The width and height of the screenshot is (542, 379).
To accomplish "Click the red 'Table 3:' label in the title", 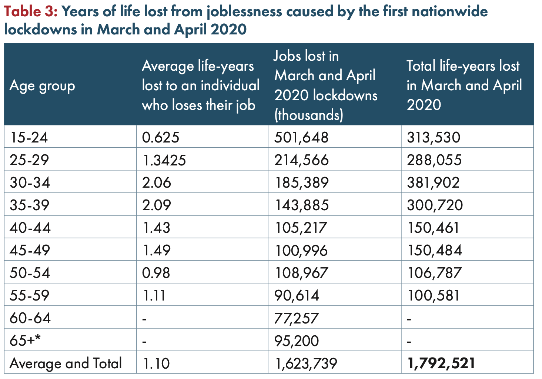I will pos(30,12).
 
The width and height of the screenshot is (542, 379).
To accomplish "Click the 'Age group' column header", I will pos(42,85).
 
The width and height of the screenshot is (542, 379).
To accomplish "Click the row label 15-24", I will pos(29,138).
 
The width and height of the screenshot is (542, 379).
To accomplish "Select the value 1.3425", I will pos(164,160).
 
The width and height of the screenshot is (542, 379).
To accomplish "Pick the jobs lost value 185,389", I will pos(301,183).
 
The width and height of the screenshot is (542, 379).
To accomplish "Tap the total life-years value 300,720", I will pos(435,205).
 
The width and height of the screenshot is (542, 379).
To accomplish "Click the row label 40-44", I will pos(30,228).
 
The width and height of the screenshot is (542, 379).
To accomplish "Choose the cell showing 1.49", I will pos(156,251).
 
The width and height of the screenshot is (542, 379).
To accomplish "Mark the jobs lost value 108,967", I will pos(301,273).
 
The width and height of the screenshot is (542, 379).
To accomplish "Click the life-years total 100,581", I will pos(433,296).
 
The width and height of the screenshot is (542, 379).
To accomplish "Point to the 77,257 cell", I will pos(296,318).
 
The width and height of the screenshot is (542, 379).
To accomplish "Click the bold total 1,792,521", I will pos(441,363).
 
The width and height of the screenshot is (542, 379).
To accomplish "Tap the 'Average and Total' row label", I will pos(66,363).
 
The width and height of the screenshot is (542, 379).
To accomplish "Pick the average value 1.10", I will pos(156,363).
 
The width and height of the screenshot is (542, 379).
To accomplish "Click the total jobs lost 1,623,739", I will pos(306,363).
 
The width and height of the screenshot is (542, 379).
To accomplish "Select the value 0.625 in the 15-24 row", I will pos(161,138).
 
